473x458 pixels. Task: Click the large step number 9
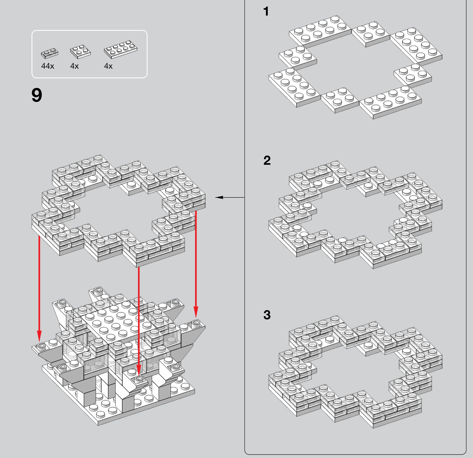coord(37,95)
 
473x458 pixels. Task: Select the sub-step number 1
coord(266,12)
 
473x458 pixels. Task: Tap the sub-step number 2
coord(267,160)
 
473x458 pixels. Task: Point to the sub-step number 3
coord(267,315)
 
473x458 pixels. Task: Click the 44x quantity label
coord(48,66)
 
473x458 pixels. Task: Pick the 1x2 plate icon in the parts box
coord(50,53)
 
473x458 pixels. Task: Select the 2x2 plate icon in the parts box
coord(80,52)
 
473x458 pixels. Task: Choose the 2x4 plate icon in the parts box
coord(121,49)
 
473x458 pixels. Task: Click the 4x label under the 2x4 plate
coord(108,66)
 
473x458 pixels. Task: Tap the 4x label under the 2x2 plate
coord(74,66)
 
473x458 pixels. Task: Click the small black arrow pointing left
coord(230,197)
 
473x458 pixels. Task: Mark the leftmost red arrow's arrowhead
coord(39,336)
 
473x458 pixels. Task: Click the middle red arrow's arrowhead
coord(139,370)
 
